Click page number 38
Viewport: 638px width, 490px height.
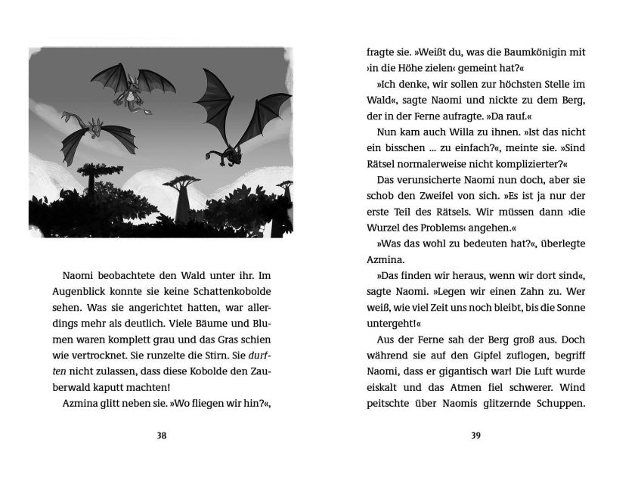click(161, 435)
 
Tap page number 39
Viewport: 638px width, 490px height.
click(475, 435)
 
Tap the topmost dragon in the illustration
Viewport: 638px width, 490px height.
click(133, 84)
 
